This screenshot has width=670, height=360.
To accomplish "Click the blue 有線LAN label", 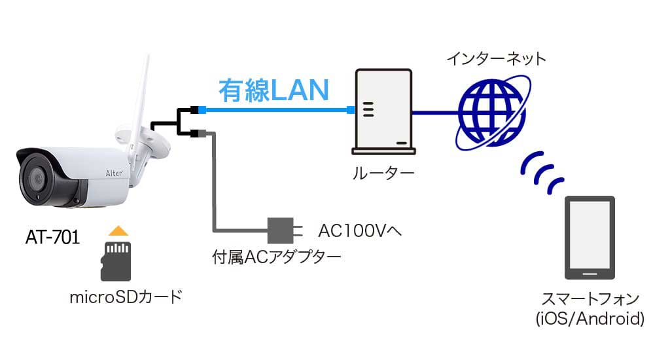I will (x=273, y=90).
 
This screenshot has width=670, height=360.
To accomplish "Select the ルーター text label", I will (x=383, y=174).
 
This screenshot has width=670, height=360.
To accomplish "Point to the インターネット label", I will (x=496, y=59).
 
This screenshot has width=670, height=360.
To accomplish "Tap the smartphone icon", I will (x=590, y=237).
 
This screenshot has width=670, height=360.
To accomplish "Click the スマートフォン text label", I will (x=590, y=300).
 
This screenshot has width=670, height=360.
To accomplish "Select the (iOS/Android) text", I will (x=590, y=319).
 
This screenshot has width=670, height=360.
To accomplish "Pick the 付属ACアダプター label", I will (x=276, y=257).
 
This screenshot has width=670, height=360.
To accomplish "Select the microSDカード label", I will (x=125, y=297).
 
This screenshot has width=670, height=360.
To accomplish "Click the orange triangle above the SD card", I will (x=117, y=230).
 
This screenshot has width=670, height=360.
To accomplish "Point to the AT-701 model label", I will (x=52, y=237).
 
